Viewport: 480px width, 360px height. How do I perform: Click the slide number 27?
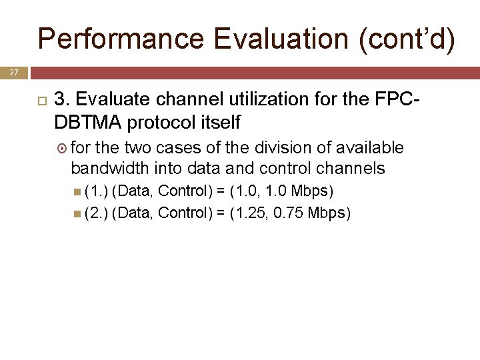pos(13,71)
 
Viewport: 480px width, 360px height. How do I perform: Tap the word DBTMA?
pos(86,123)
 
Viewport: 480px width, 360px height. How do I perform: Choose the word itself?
pos(219,123)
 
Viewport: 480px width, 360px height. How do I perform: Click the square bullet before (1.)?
pos(78,192)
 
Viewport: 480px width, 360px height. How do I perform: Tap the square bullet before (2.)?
pos(78,213)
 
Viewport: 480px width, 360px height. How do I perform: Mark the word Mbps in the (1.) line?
pos(311,191)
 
